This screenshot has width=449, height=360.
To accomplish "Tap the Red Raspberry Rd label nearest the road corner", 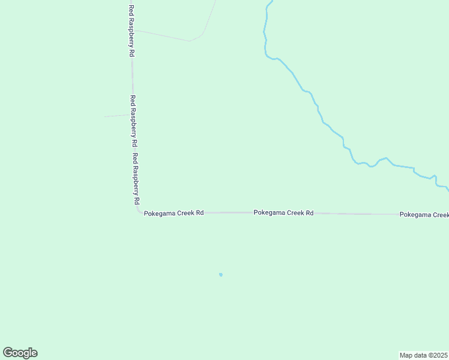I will pyautogui.click(x=136, y=180).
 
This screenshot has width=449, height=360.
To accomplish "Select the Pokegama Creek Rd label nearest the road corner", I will pyautogui.click(x=174, y=213).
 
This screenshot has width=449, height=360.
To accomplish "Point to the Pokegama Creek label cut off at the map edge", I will pyautogui.click(x=424, y=214).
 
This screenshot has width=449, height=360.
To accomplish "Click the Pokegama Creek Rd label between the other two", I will pyautogui.click(x=283, y=212).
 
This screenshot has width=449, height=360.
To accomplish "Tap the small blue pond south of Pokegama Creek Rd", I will pyautogui.click(x=221, y=275).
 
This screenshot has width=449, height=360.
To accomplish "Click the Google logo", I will pyautogui.click(x=20, y=353).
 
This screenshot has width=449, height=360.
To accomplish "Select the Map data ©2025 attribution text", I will pyautogui.click(x=423, y=355).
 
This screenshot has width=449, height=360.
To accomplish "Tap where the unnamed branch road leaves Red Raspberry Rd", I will pyautogui.click(x=133, y=30).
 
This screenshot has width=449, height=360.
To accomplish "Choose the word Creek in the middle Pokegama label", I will pyautogui.click(x=294, y=212).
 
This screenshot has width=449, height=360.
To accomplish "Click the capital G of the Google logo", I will pyautogui.click(x=8, y=353).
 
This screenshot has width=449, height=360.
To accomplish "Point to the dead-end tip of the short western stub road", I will pyautogui.click(x=105, y=116).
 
